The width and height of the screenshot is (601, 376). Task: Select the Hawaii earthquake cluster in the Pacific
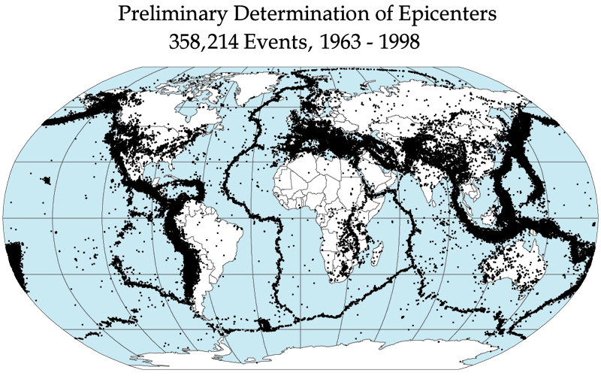click(47, 180)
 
